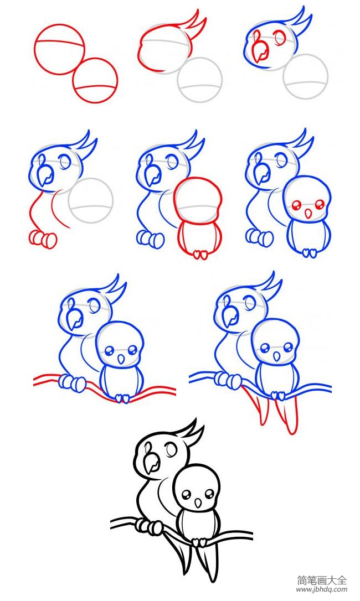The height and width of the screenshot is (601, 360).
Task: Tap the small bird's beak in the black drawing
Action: (x=198, y=502)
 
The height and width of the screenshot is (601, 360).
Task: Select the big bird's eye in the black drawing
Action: (x=171, y=449)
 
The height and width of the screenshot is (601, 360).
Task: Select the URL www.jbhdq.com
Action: (x=322, y=589)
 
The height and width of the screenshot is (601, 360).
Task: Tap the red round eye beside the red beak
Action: (x=280, y=38)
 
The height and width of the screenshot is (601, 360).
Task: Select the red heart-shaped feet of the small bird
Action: (x=200, y=254)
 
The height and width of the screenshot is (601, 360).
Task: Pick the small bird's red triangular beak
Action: (x=307, y=214)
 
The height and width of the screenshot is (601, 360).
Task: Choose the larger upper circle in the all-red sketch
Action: (x=59, y=49)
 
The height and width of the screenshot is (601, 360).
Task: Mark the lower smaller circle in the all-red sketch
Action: (x=95, y=80)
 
